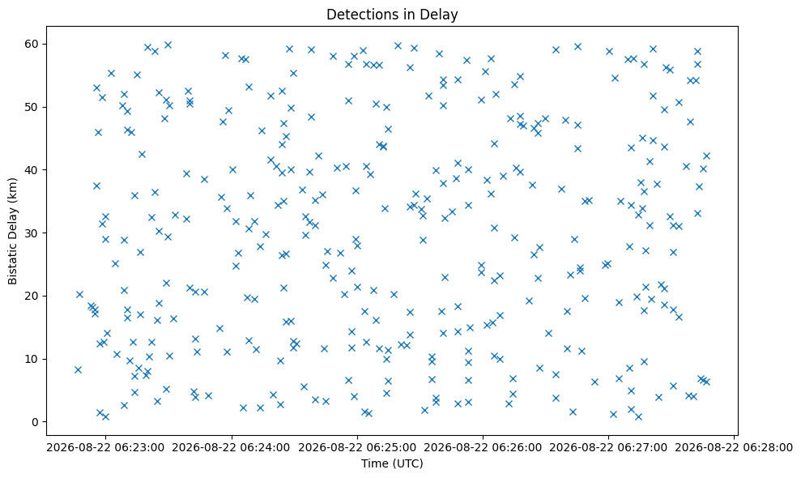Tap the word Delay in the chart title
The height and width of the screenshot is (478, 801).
point(443,15)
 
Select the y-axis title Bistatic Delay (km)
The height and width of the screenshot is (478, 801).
point(13,231)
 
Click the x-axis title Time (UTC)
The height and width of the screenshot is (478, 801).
point(392,463)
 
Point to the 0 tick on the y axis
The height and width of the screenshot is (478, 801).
point(36,422)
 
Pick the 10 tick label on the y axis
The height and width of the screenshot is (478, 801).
point(32,360)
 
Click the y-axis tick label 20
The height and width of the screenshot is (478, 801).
point(32,296)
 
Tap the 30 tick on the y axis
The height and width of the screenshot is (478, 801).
point(32,233)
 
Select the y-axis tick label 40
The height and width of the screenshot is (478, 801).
point(32,170)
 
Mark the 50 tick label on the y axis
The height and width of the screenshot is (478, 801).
point(32,108)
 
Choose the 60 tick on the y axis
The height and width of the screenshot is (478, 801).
point(32,44)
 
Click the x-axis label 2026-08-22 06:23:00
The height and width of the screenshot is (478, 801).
point(106,448)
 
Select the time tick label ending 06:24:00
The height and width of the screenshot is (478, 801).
point(232,448)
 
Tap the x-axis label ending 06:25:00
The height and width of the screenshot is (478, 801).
point(357,448)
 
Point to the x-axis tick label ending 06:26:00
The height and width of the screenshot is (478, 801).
point(483,448)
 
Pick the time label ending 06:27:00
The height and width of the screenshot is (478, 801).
point(608,448)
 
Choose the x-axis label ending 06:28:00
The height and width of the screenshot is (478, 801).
point(734,448)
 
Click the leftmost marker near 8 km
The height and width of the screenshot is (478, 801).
point(78,369)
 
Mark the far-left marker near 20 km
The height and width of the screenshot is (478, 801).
point(79,294)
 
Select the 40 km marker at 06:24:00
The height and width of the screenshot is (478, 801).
point(232,169)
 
